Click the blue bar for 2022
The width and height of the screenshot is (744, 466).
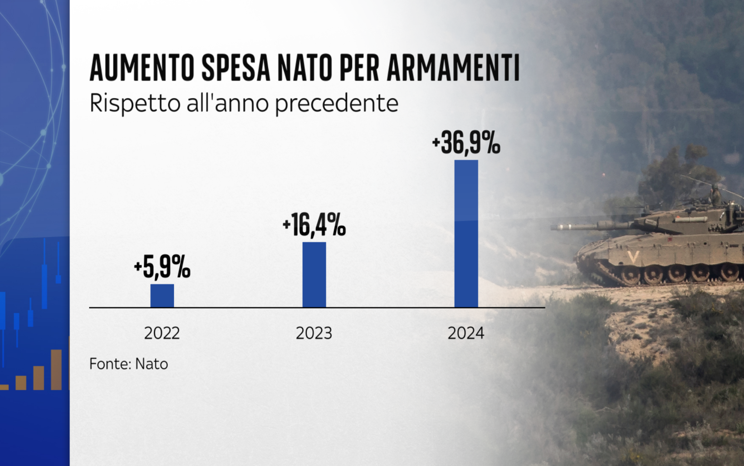[162, 296]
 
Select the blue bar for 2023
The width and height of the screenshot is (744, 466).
[314, 275]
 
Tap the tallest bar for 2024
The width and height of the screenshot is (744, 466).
[466, 233]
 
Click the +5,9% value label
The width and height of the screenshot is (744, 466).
[162, 267]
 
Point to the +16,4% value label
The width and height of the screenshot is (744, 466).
[314, 225]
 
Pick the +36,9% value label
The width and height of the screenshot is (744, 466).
[466, 143]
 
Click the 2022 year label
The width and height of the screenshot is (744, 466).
[162, 333]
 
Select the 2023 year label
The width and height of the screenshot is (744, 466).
[314, 333]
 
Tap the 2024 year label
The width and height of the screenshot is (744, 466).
[466, 333]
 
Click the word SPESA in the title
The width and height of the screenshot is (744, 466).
[236, 68]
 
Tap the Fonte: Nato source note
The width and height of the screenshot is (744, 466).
[128, 364]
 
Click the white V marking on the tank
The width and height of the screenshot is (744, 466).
[633, 257]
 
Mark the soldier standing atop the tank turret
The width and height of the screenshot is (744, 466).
[715, 195]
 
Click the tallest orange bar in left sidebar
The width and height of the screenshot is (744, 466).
[56, 369]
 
